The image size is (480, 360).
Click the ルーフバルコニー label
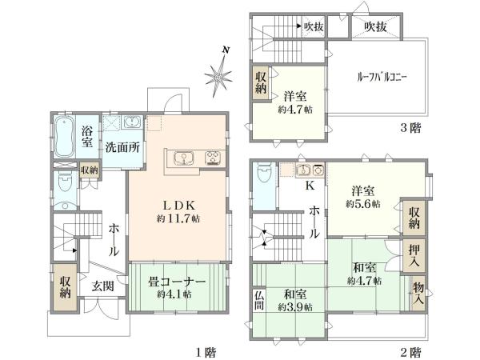pos(382,78)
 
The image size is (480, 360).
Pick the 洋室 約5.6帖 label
pos(364,197)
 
